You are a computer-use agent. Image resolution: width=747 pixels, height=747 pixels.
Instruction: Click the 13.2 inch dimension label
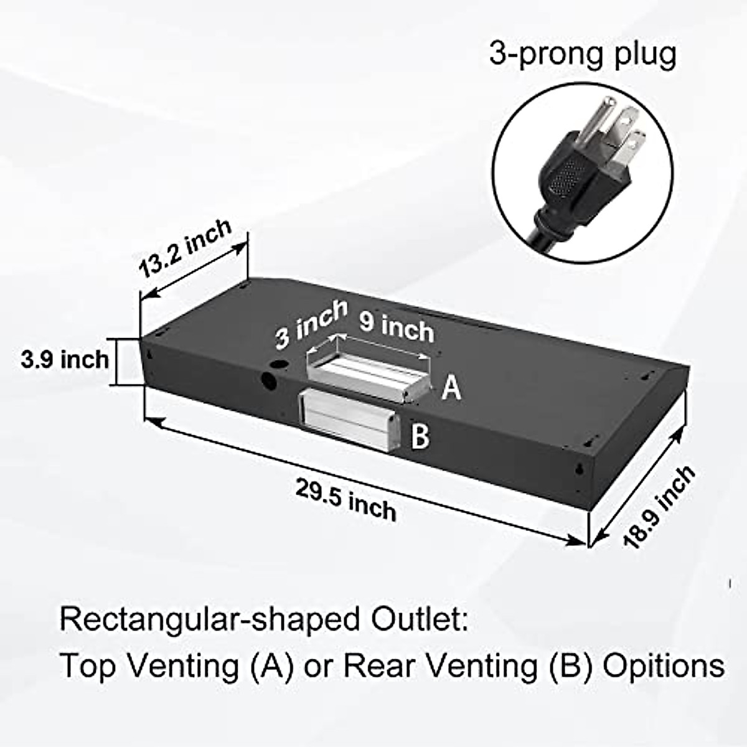tap(185, 248)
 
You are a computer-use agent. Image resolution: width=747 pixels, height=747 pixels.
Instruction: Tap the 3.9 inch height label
tap(65, 360)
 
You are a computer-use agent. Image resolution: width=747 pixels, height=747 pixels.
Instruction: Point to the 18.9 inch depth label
tap(660, 505)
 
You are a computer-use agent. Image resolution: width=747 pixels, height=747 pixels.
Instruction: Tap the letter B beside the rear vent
tap(420, 436)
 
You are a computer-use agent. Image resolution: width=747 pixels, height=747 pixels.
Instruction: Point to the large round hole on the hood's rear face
tap(271, 381)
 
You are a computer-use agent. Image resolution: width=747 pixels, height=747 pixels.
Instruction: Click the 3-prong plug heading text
tap(582, 54)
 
